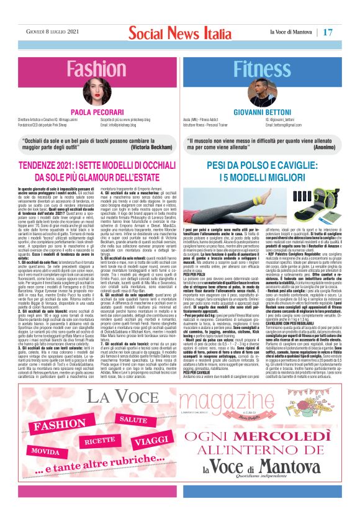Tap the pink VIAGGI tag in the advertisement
[x=152, y=440]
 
